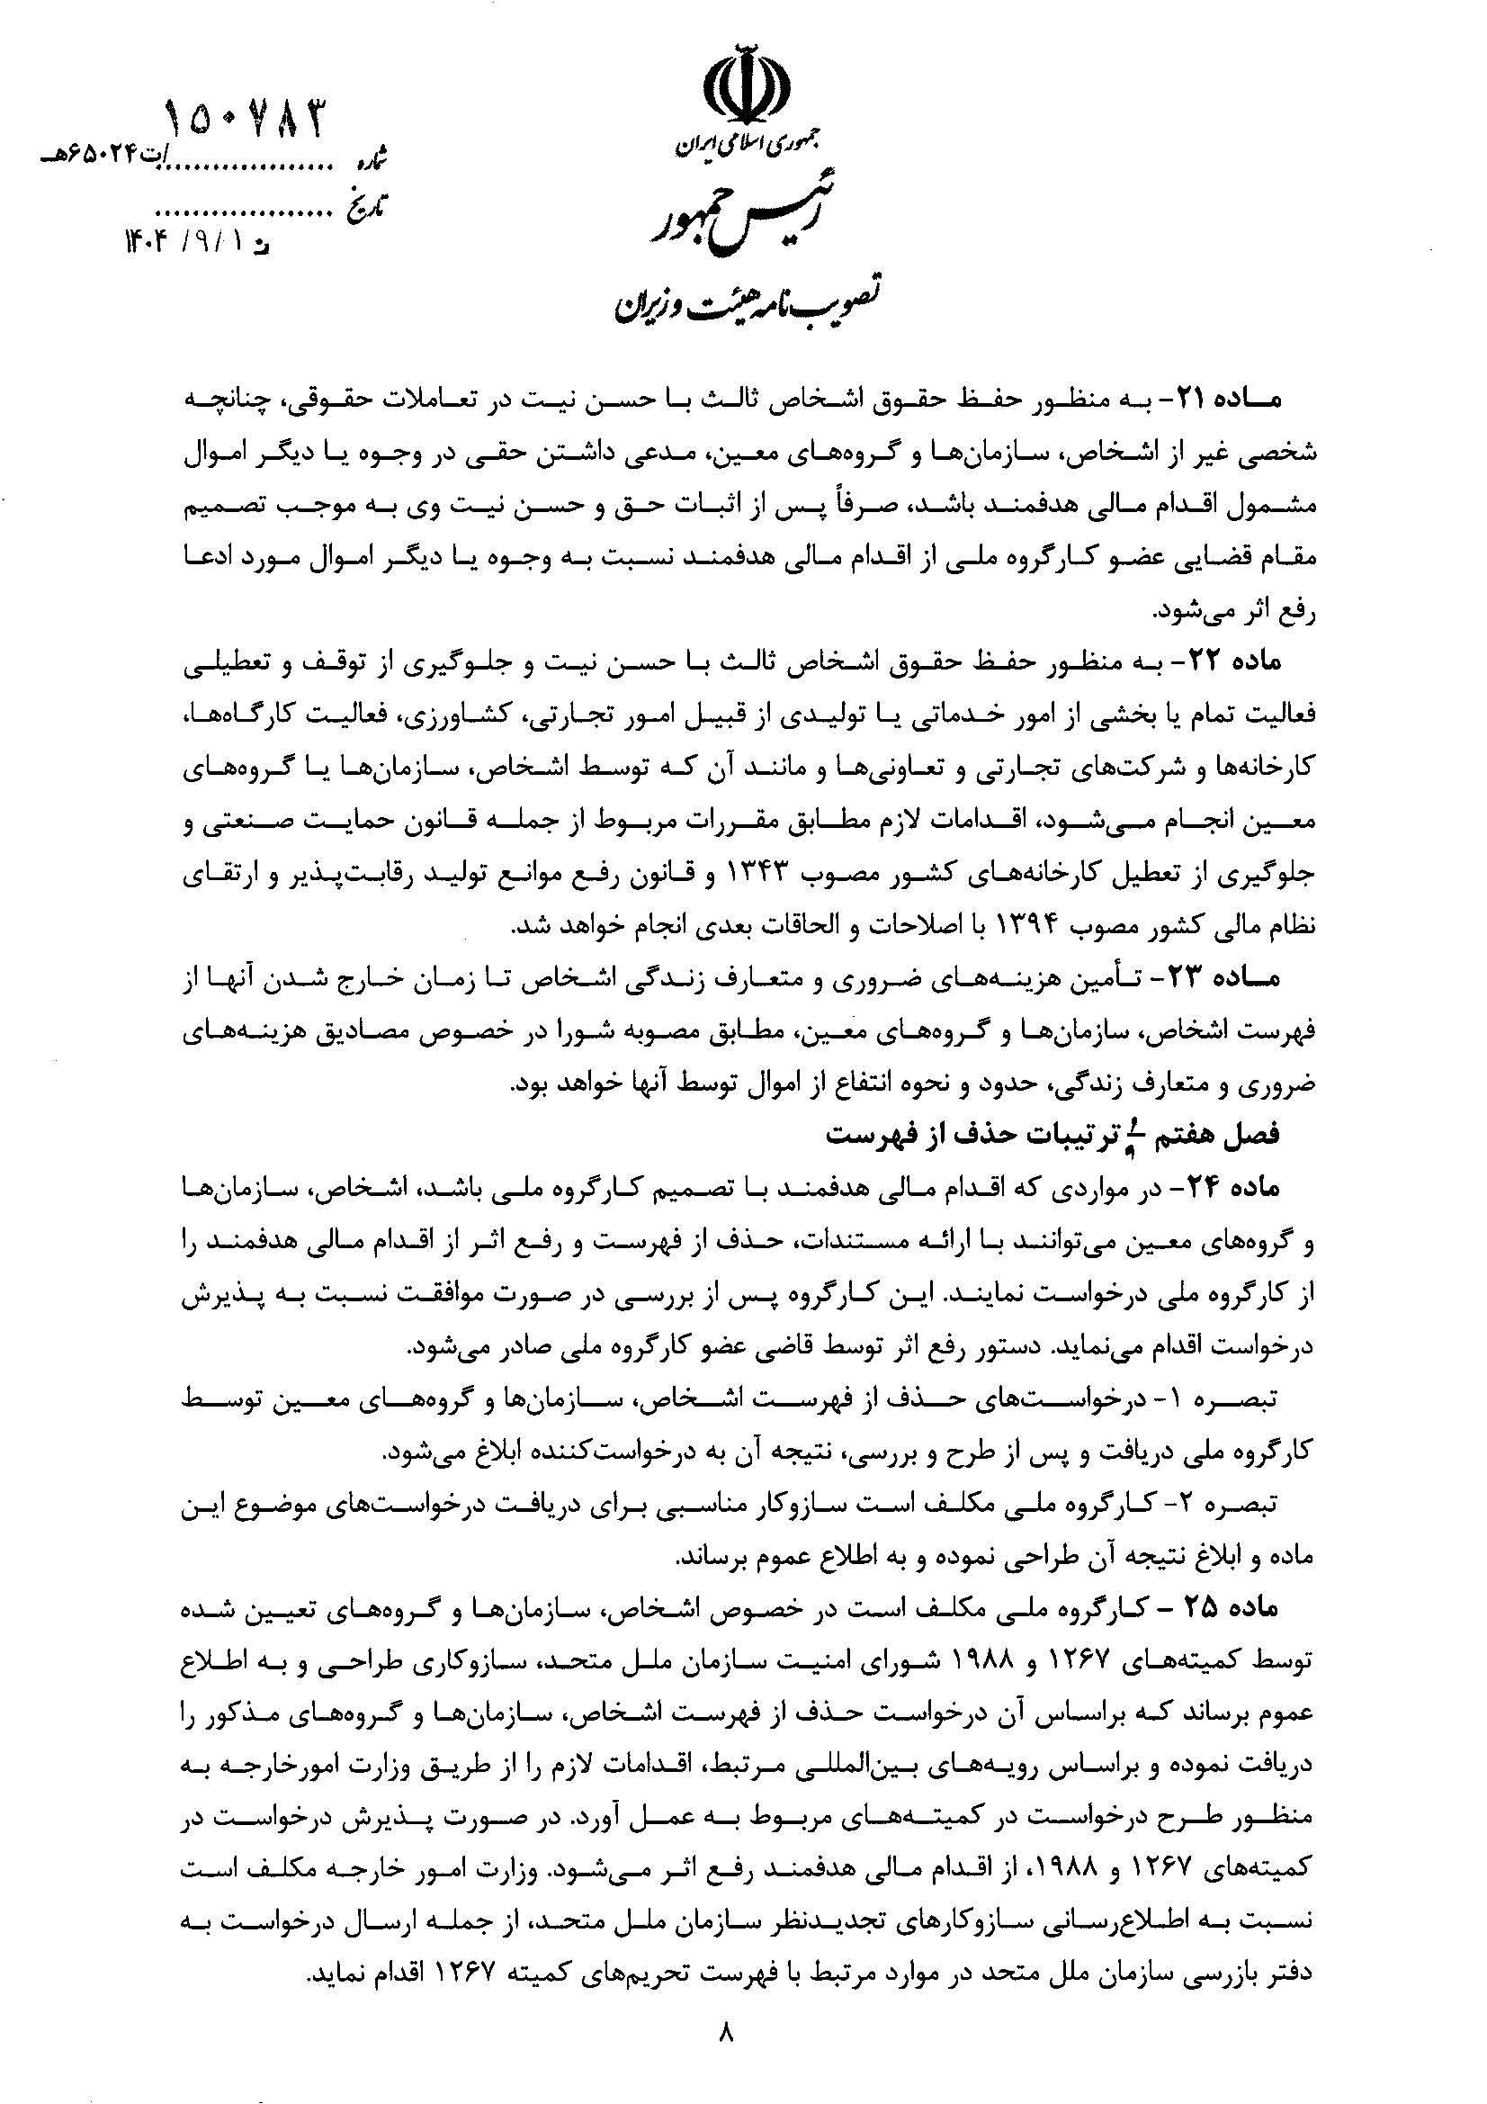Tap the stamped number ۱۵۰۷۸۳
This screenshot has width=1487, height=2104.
pyautogui.click(x=245, y=121)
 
